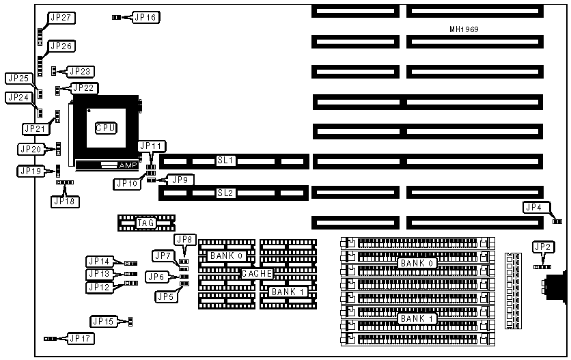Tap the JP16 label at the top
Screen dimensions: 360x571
pyautogui.click(x=145, y=17)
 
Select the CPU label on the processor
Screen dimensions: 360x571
pyautogui.click(x=105, y=128)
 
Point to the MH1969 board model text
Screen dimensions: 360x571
pyautogui.click(x=463, y=29)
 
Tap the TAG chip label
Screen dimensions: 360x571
pyautogui.click(x=145, y=223)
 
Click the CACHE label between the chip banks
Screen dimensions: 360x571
pyautogui.click(x=257, y=273)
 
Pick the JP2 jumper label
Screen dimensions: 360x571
pyautogui.click(x=544, y=247)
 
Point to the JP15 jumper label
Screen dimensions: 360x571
pyautogui.click(x=104, y=321)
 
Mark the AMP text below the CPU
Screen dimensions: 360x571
pyautogui.click(x=128, y=165)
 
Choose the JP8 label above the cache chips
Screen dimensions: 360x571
pyautogui.click(x=185, y=240)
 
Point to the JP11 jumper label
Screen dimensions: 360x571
pyautogui.click(x=151, y=146)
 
